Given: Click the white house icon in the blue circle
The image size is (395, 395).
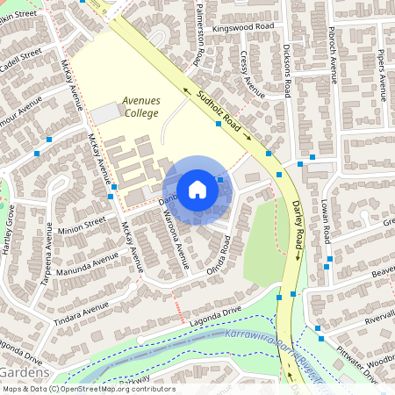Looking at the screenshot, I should pyautogui.click(x=197, y=190).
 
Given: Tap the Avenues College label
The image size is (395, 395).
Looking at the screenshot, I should pyautogui.click(x=140, y=106).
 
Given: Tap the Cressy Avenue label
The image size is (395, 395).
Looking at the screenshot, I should pyautogui.click(x=252, y=75).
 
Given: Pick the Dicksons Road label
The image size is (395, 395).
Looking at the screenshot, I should pyautogui.click(x=287, y=70).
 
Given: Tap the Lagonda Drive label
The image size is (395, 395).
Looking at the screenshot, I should pyautogui.click(x=213, y=320).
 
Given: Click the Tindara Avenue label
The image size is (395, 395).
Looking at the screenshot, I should pyautogui.click(x=83, y=309).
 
